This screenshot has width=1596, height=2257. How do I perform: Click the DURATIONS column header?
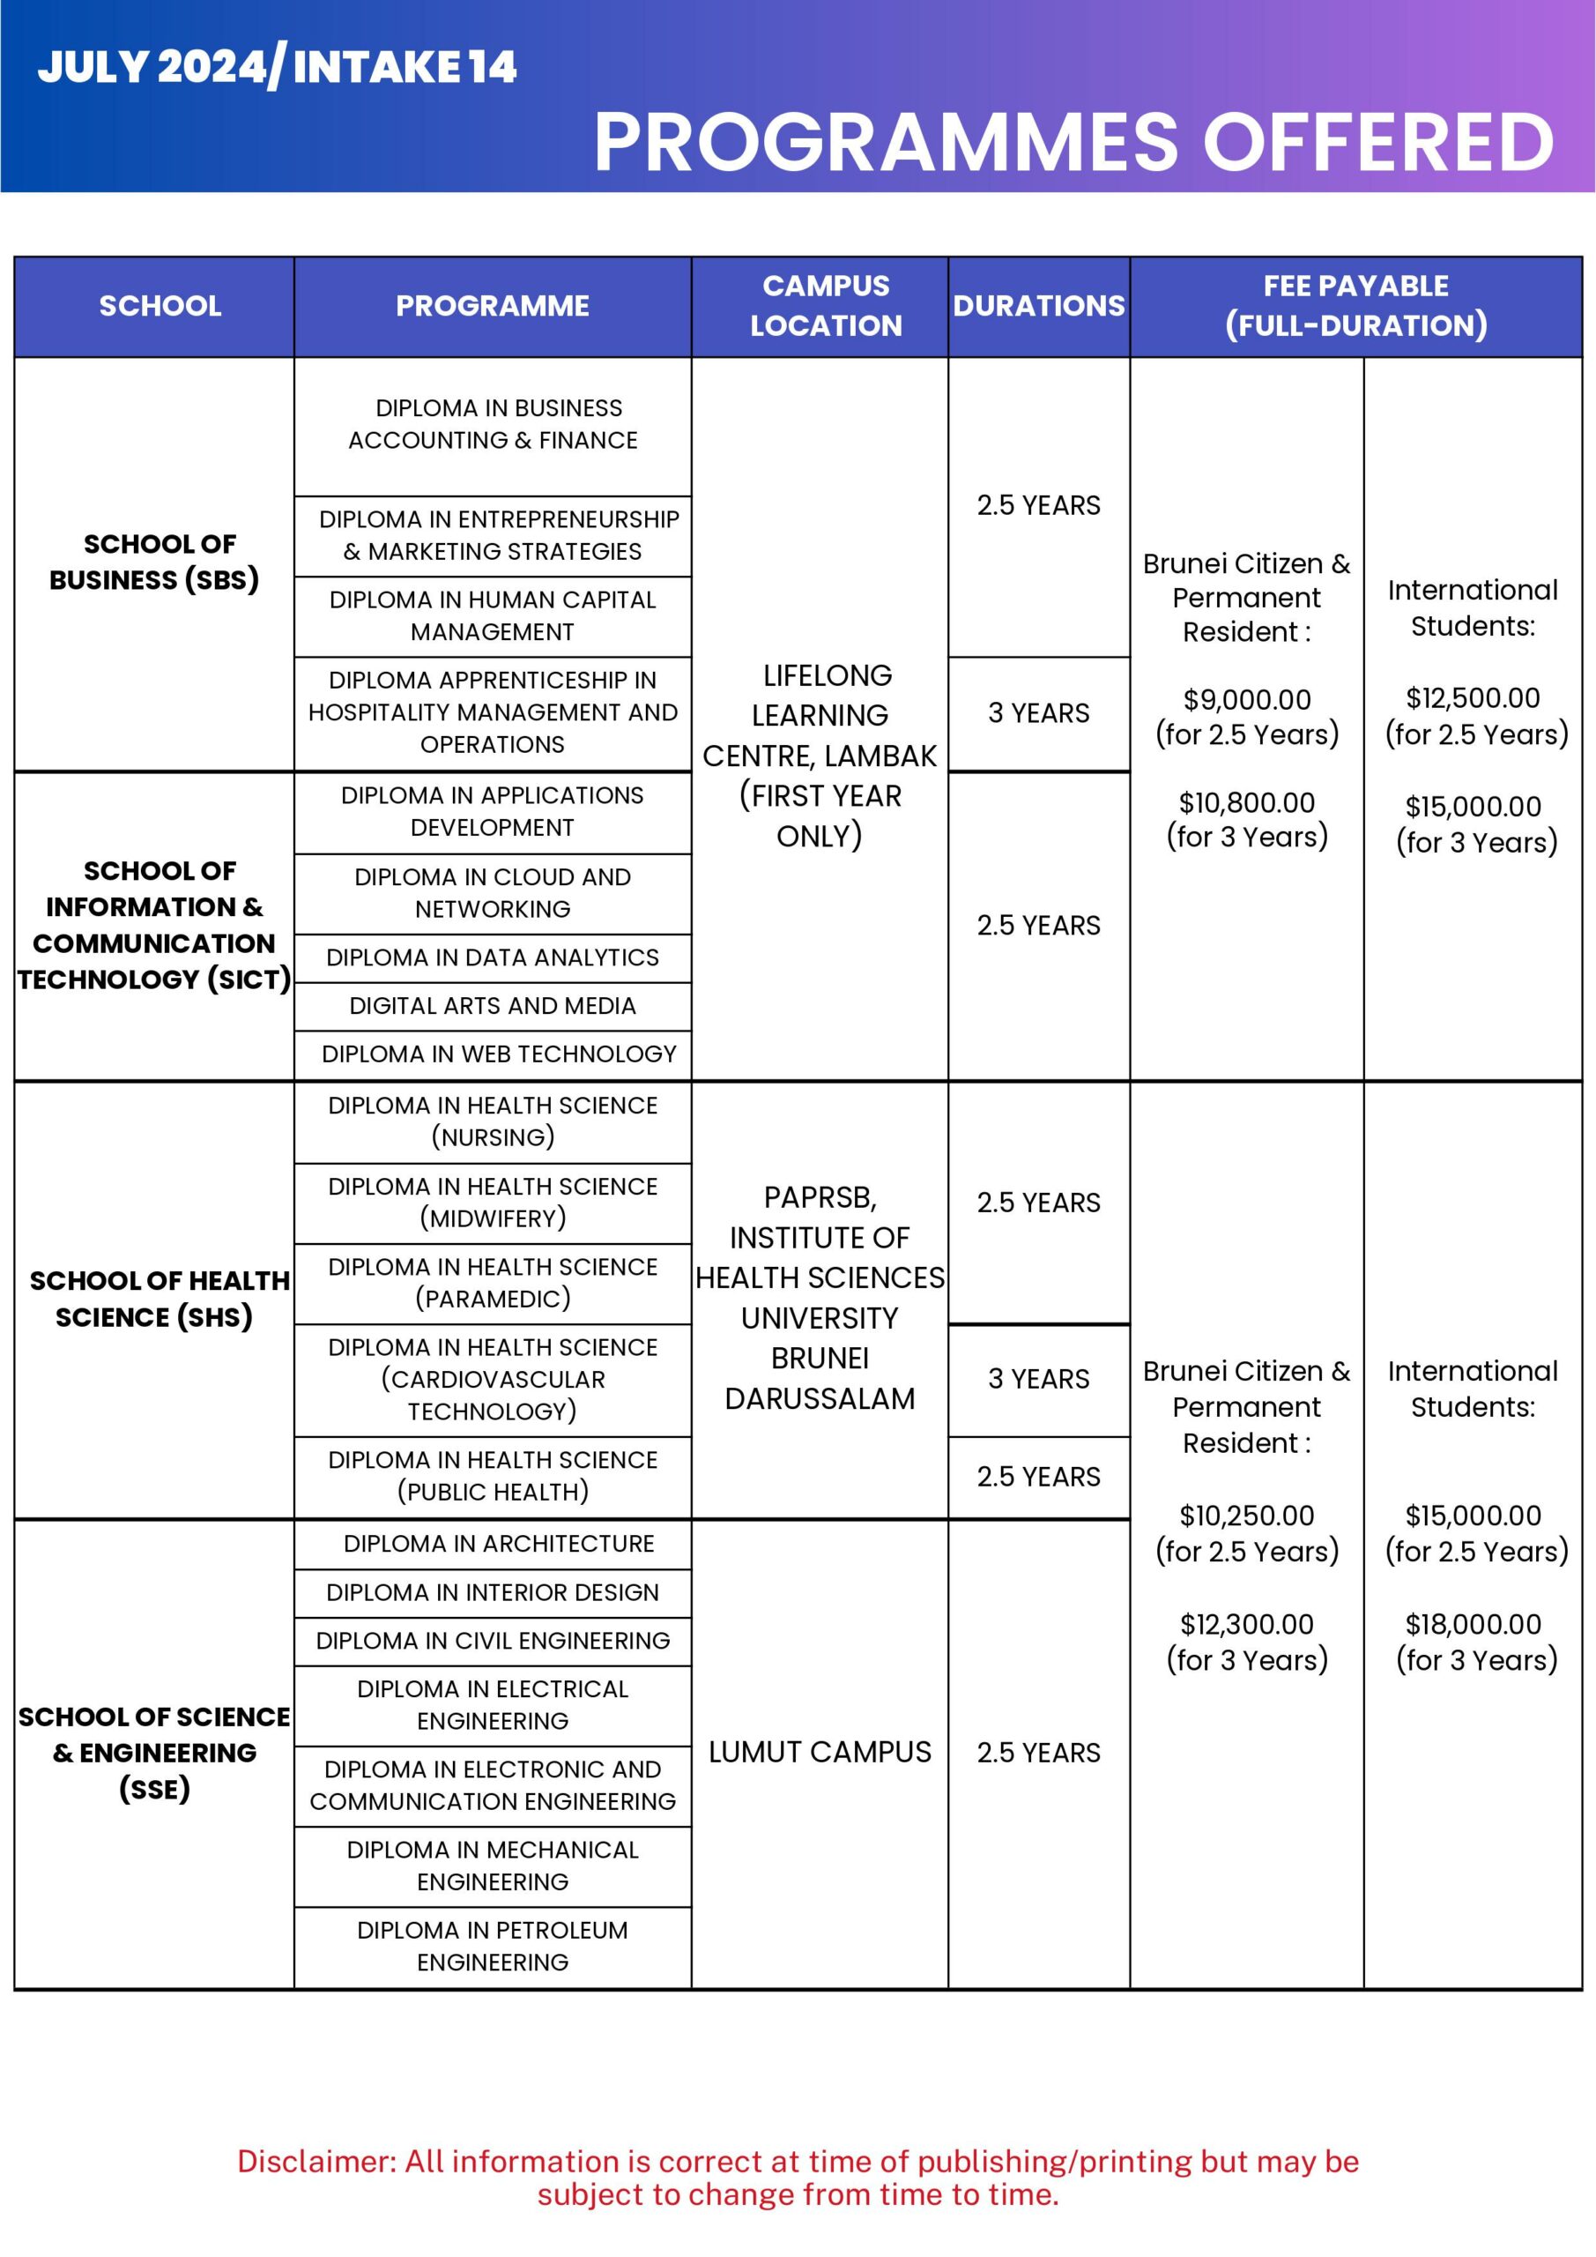pos(1038,306)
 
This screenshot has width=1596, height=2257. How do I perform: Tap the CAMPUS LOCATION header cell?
pos(826,306)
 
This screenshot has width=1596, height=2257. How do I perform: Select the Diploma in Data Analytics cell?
pos(493,957)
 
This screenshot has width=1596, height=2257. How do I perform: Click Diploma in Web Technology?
pos(498,1054)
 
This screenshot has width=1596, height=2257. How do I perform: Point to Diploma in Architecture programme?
pos(498,1544)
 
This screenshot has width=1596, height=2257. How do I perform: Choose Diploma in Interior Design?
pos(493,1591)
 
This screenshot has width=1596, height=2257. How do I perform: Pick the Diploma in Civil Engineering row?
pos(493,1640)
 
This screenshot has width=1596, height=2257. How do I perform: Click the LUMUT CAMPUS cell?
pos(820,1752)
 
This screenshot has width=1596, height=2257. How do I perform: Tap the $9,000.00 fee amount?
pos(1246,700)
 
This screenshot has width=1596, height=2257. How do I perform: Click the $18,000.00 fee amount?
pos(1472,1624)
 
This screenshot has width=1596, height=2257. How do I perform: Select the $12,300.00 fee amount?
pos(1246,1624)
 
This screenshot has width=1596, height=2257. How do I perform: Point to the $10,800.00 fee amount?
pos(1246,803)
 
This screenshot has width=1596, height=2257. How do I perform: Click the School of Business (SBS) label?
pos(154,562)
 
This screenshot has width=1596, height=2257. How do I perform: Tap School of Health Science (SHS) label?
pos(157,1299)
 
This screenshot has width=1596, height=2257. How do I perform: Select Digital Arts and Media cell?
pos(493,1006)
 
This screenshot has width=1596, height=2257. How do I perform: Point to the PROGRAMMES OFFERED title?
pos(1073,142)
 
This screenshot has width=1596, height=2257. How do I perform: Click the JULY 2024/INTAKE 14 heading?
pos(277,67)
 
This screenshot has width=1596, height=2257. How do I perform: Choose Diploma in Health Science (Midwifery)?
pos(493,1203)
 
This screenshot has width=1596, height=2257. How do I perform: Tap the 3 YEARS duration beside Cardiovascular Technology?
pos(1038,1378)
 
